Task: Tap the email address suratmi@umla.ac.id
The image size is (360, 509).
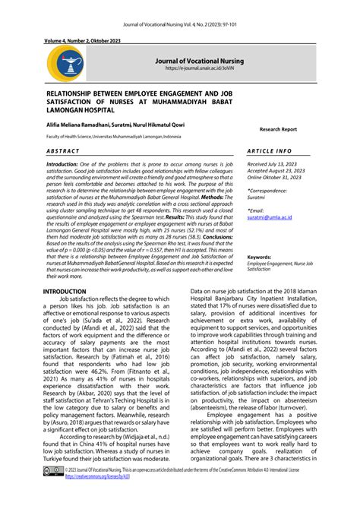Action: click(x=273, y=217)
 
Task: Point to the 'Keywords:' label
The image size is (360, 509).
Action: click(x=259, y=258)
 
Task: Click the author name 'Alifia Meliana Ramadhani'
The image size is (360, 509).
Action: click(x=79, y=122)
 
